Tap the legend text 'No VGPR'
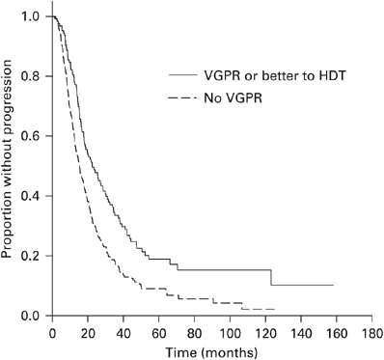[x=225, y=97]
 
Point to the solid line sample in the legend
[x=180, y=73]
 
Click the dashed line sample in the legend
[x=180, y=97]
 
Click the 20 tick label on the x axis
[x=88, y=330]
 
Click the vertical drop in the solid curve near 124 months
[x=271, y=278]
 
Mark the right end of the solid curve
[x=333, y=286]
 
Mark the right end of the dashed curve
[x=276, y=309]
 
